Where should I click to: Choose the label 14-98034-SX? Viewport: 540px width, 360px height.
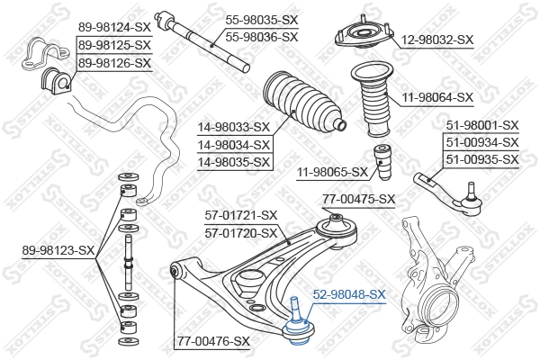[x=233, y=145]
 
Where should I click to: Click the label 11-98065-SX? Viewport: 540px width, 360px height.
[x=332, y=171]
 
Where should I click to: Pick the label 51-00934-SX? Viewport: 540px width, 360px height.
[x=481, y=142]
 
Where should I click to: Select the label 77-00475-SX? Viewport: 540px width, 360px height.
[x=358, y=199]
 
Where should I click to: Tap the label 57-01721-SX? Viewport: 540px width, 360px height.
[x=240, y=215]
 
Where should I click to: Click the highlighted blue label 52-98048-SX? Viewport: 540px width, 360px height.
[x=349, y=294]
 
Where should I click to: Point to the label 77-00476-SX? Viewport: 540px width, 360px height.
[x=212, y=341]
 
